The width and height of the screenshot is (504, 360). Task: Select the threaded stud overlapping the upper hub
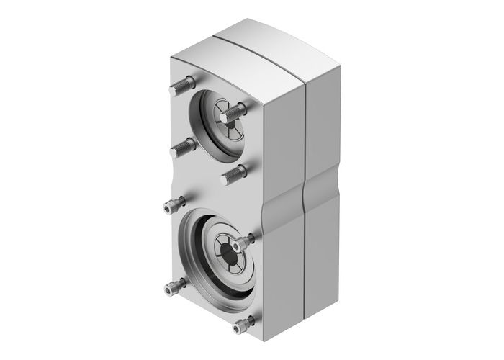coord(234,112)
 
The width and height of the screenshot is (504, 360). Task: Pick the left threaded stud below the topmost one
coord(181,147)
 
